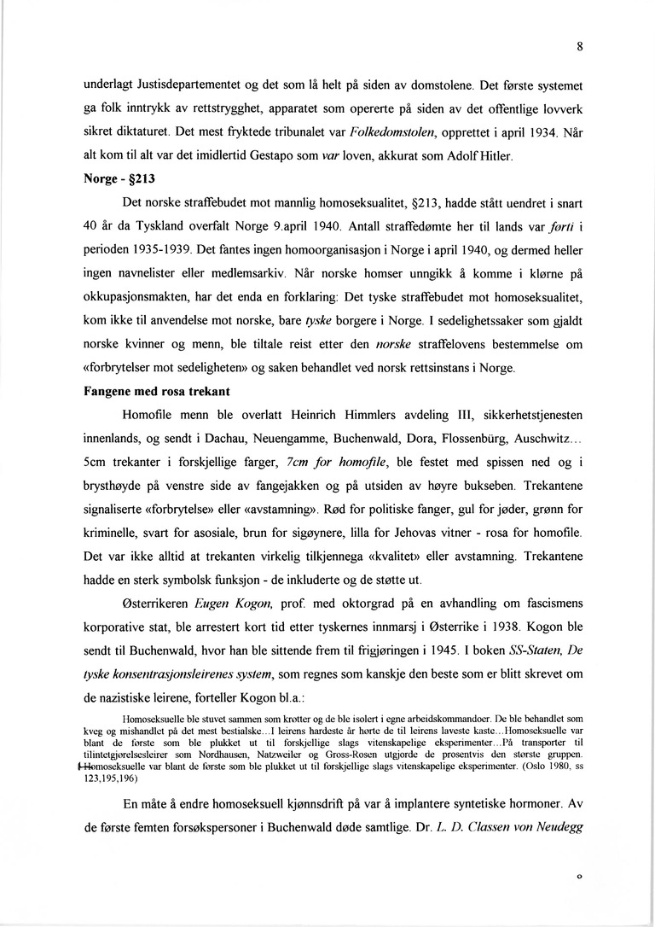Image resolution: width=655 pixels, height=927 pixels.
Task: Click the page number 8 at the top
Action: point(579,48)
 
